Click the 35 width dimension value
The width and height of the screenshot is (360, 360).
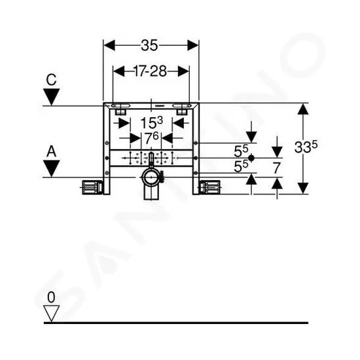point(149,45)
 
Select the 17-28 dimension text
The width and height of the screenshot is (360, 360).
point(151,71)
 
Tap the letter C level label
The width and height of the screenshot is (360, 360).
point(51,80)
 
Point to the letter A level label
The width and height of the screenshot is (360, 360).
point(52,152)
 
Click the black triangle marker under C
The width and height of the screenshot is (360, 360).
point(52,97)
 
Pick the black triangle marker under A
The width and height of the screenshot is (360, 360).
point(52,168)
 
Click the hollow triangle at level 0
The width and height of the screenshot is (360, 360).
point(51,314)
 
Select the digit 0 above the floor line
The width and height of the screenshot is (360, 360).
point(51,297)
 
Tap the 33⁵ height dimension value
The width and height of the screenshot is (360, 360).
point(306,147)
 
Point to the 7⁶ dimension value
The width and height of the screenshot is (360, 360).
point(151,137)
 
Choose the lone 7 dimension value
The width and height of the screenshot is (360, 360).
point(277,168)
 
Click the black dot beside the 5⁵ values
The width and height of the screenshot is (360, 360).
point(251,158)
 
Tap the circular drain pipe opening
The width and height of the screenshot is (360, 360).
point(151,177)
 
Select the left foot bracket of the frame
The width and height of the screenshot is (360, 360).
point(92,187)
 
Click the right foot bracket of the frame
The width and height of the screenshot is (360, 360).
point(210,187)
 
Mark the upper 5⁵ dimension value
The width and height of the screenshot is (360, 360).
point(241,151)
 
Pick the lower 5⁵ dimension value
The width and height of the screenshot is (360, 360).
point(241,166)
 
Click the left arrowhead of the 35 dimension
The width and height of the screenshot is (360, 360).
point(109,45)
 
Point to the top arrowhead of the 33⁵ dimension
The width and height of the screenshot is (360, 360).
point(303,109)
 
